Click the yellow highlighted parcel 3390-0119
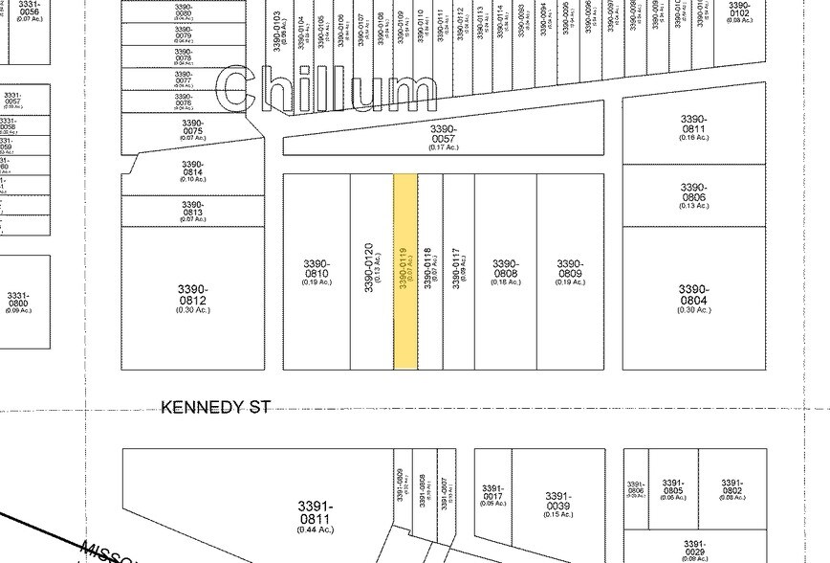click(x=405, y=271)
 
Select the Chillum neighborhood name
click(x=327, y=91)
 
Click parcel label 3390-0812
click(x=192, y=296)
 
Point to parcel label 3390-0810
click(x=317, y=271)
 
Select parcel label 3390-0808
click(x=505, y=271)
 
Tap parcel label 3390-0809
click(x=570, y=271)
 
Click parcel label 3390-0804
click(x=693, y=296)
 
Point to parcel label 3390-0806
click(x=693, y=195)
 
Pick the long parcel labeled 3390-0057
click(x=443, y=135)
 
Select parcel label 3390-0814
click(x=192, y=170)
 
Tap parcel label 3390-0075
click(x=192, y=129)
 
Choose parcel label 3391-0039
click(x=557, y=502)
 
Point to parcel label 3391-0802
click(x=732, y=488)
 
